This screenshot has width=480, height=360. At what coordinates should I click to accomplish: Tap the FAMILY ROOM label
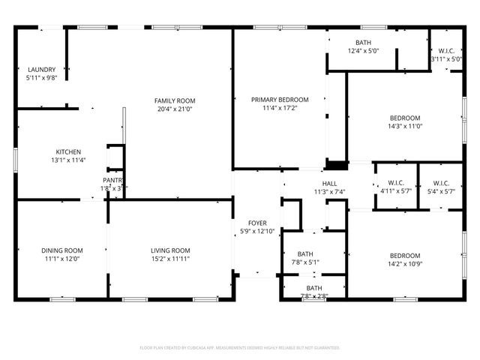click(x=175, y=100)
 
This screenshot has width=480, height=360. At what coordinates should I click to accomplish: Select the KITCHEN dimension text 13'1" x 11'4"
click(x=67, y=160)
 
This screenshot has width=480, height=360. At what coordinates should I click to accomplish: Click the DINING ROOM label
click(x=62, y=250)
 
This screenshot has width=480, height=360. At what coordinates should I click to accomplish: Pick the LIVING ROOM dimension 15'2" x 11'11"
click(x=170, y=259)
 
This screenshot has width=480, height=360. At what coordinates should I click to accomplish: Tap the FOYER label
click(x=257, y=223)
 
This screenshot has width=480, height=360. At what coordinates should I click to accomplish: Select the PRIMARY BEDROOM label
click(x=280, y=100)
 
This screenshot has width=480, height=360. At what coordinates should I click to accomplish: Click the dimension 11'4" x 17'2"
click(x=280, y=108)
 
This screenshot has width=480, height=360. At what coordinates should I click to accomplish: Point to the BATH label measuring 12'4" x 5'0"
click(x=363, y=43)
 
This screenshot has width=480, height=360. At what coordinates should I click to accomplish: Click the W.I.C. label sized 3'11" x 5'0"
click(x=445, y=51)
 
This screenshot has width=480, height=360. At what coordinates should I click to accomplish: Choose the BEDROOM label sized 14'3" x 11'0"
click(x=405, y=118)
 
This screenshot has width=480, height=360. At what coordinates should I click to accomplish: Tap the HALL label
click(x=329, y=184)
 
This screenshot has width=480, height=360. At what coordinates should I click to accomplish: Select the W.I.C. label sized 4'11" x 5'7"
click(x=395, y=183)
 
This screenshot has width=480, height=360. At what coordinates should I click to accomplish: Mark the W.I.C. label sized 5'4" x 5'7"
click(x=441, y=183)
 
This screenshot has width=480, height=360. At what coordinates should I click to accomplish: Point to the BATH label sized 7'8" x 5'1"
click(x=305, y=254)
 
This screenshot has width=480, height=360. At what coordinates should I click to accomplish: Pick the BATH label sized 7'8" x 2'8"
click(x=314, y=288)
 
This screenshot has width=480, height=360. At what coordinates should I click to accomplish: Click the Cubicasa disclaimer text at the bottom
click(x=240, y=348)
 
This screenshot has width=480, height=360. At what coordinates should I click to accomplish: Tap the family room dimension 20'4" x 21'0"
click(x=175, y=109)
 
